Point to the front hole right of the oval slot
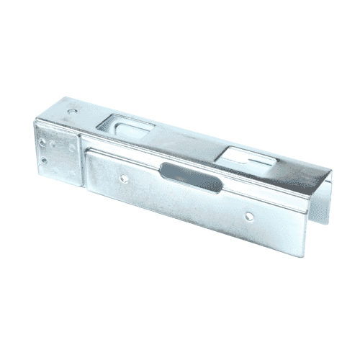[x=248, y=215]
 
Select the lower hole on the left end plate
[x=46, y=163]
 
